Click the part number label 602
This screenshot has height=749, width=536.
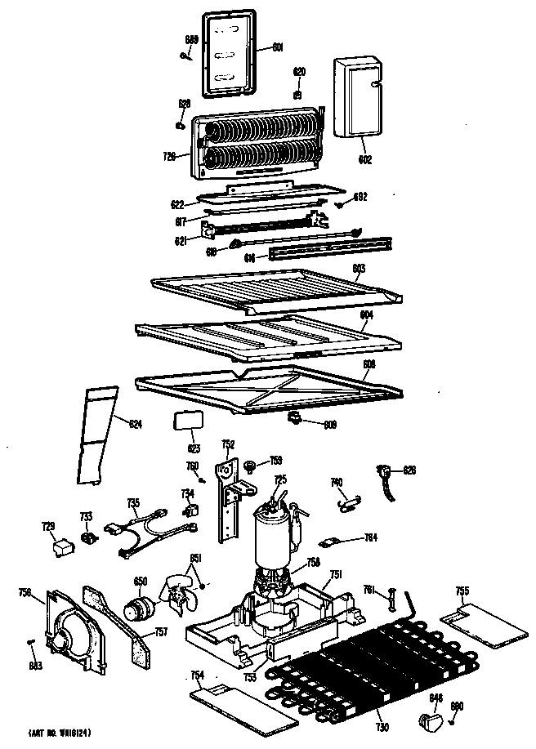point(364,160)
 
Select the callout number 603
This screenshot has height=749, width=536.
point(359,268)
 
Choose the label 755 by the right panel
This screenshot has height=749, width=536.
point(462,590)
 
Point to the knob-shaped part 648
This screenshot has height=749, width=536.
point(429,720)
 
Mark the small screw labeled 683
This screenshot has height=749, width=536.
point(31,642)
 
